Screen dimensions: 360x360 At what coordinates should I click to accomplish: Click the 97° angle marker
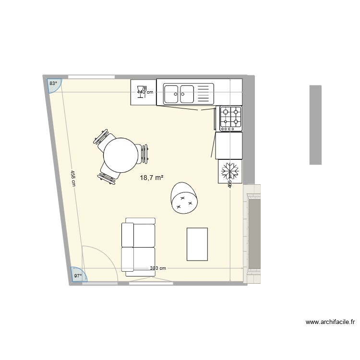(77, 275)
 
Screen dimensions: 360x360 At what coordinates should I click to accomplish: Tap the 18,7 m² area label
(151, 178)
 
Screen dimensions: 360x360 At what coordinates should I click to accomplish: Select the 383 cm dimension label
(158, 268)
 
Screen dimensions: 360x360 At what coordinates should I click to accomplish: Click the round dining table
(121, 155)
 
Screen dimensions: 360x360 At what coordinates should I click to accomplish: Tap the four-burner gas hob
(230, 119)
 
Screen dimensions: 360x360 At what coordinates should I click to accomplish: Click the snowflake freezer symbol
(230, 171)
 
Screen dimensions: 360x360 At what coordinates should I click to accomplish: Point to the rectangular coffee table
(197, 244)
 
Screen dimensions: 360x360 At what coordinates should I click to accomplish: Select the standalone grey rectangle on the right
(315, 125)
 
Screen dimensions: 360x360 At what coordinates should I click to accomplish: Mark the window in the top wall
(91, 76)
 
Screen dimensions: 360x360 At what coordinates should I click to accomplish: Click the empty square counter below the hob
(228, 145)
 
